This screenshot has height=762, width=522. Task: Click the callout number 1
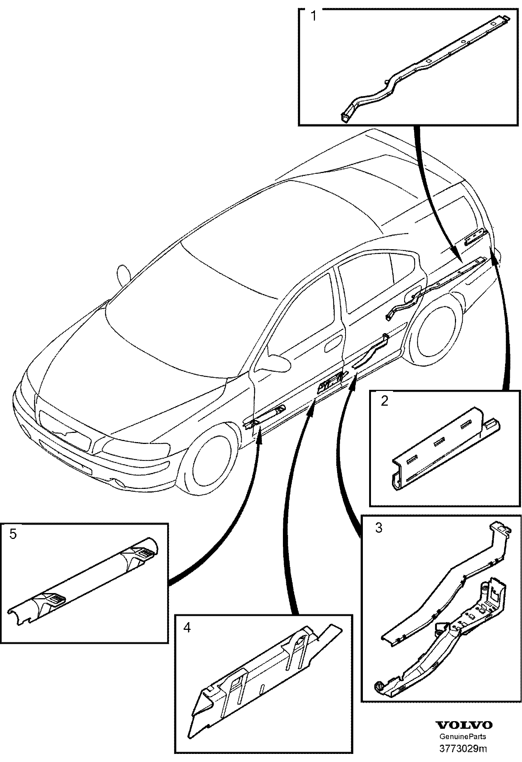tap(313, 17)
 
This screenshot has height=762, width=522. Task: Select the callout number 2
tap(384, 401)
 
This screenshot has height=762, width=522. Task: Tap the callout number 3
tap(379, 528)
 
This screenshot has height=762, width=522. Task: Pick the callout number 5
tap(13, 534)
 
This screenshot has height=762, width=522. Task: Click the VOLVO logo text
tap(464, 725)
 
